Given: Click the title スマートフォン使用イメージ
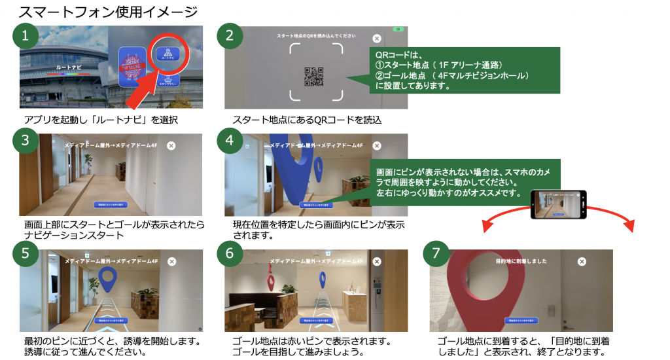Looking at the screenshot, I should tap(109, 11).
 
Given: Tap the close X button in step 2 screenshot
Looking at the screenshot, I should tap(376, 39).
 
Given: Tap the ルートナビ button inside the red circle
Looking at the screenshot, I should tap(167, 54).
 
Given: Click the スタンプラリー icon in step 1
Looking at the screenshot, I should tap(168, 81).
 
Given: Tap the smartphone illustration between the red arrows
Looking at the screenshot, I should tap(559, 205).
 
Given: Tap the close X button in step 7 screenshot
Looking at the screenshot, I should tap(582, 261).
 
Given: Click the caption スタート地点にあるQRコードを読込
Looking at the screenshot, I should tap(307, 120).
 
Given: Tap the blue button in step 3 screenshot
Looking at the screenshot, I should tap(111, 204).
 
